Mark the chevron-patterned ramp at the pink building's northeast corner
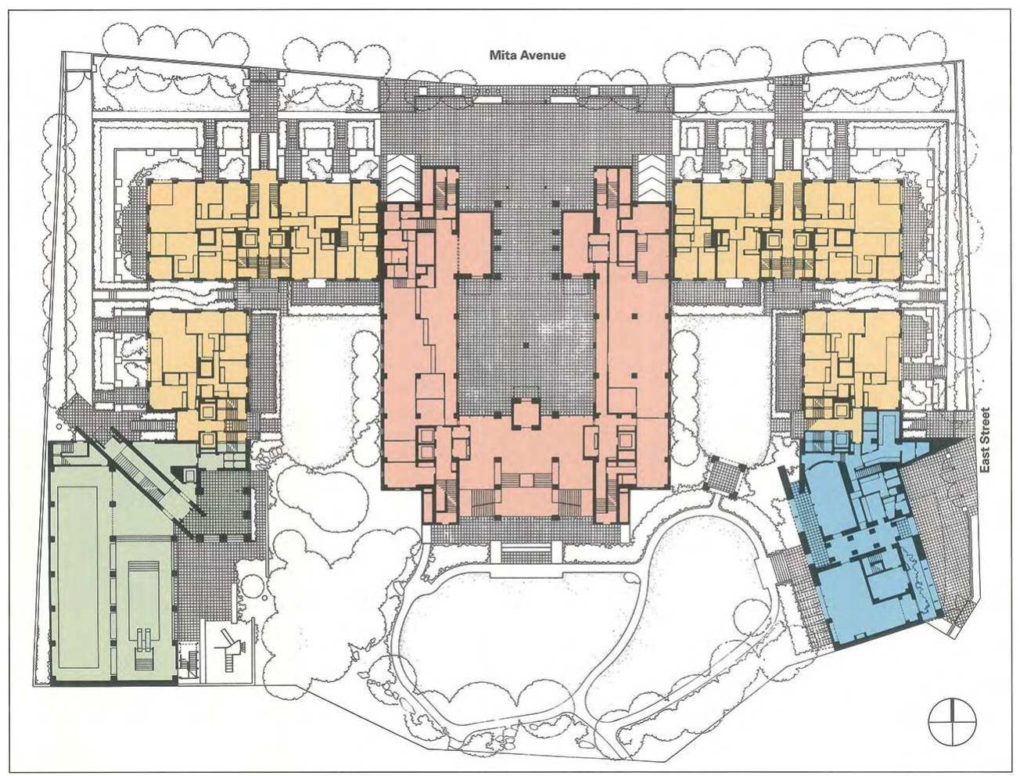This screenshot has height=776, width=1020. [652, 178]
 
